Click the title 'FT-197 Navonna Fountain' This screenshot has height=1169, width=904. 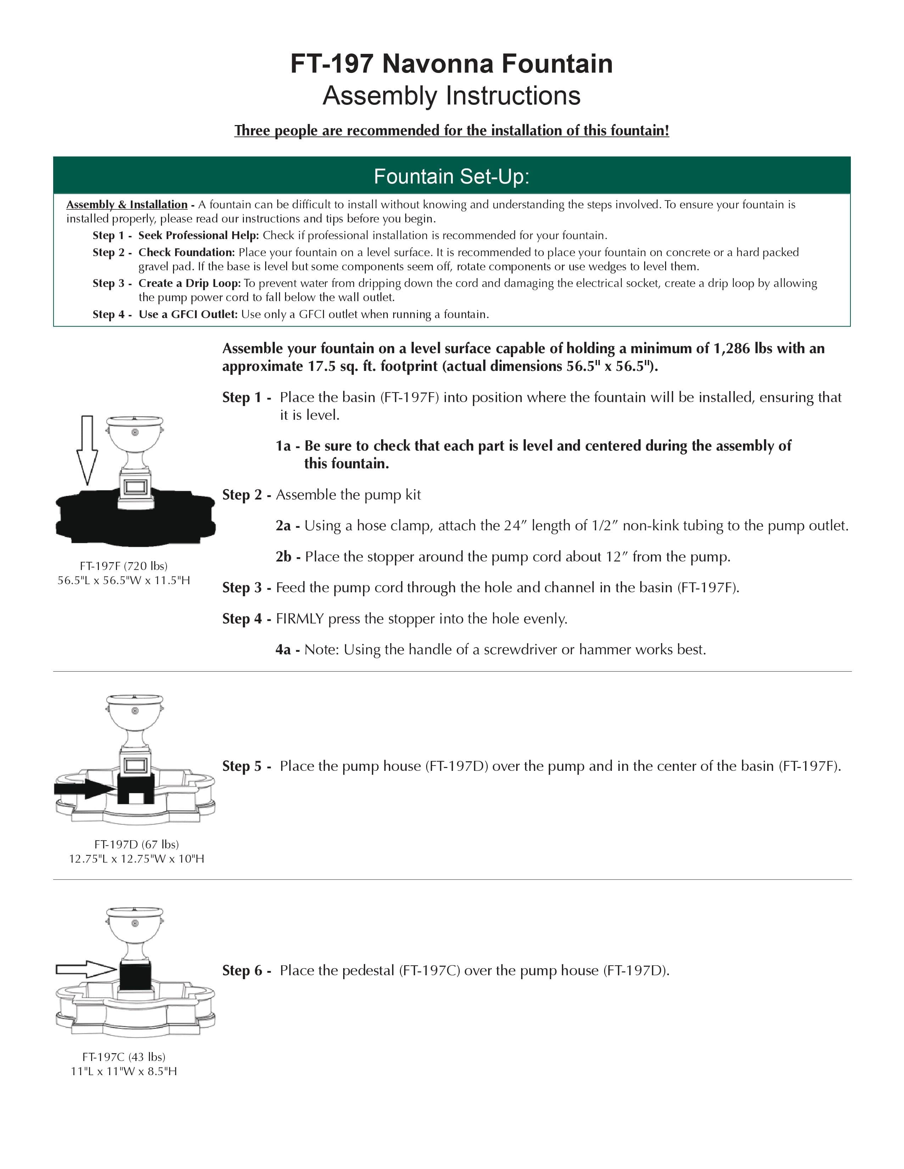[x=451, y=64]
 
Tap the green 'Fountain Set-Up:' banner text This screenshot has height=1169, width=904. [x=451, y=177]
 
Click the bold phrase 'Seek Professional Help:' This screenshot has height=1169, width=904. [x=198, y=236]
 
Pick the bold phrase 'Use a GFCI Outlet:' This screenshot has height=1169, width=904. [x=188, y=314]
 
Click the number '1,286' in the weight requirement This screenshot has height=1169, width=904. [x=731, y=349]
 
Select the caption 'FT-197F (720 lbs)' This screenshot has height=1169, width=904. [x=124, y=566]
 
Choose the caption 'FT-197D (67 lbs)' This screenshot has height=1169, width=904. [x=136, y=844]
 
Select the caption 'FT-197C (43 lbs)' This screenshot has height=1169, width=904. [x=124, y=1057]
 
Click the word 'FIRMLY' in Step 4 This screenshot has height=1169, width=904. [x=299, y=619]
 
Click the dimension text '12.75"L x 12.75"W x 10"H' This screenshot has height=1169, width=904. [x=136, y=859]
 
